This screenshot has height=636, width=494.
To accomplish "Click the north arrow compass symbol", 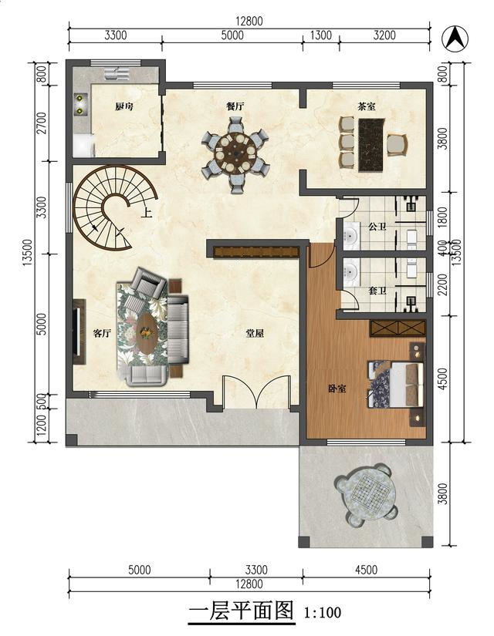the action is [x=455, y=39].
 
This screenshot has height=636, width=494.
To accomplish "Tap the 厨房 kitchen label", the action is [x=123, y=106].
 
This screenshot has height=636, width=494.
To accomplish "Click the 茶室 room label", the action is [x=367, y=106].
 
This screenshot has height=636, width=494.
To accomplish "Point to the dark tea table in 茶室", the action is [x=371, y=144].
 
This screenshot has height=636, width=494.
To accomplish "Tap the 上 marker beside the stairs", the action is [x=146, y=213].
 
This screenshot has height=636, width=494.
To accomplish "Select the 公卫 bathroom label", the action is [x=377, y=227].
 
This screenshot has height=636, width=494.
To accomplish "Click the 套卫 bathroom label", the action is [x=377, y=291].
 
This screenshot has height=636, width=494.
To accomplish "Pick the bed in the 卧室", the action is [x=396, y=384].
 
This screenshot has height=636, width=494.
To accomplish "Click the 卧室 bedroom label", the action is [x=337, y=389].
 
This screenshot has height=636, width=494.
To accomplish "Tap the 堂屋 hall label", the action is [x=255, y=333].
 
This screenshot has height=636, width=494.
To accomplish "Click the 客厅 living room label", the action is [x=102, y=333].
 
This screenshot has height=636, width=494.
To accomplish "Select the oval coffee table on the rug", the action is [x=147, y=333].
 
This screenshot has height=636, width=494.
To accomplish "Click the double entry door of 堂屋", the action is [x=256, y=392].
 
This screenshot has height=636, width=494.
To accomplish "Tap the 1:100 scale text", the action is [x=323, y=612].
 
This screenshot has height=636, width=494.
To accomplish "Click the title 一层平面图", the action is [x=242, y=611].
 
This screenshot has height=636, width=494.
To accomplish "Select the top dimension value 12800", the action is [x=249, y=21].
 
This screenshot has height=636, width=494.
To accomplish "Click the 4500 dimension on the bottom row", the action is [x=366, y=570].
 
